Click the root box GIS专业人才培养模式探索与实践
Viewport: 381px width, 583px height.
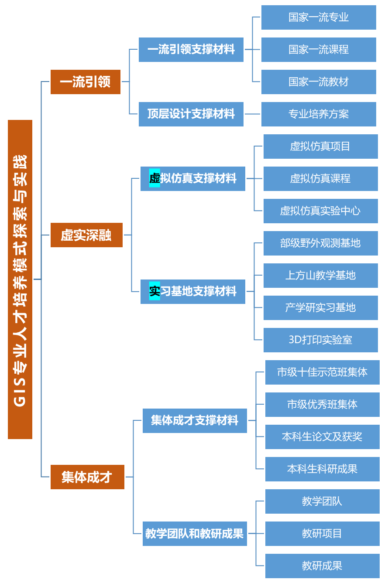(20, 279)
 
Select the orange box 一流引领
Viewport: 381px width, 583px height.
(85, 82)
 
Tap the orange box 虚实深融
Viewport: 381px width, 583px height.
(86, 235)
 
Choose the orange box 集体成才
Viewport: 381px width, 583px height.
(87, 477)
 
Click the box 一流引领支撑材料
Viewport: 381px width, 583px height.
(191, 50)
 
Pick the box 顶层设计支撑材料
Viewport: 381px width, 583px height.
(191, 114)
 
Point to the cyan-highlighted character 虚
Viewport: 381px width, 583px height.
(154, 178)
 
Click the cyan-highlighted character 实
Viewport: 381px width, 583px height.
(154, 291)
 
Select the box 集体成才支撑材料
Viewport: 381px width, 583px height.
(195, 421)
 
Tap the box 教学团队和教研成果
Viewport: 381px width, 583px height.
(195, 533)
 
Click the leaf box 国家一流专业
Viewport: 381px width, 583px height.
(319, 17)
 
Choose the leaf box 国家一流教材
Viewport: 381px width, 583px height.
(319, 82)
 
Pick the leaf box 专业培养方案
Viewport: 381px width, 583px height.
(319, 114)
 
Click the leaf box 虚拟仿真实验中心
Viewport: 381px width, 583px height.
(320, 211)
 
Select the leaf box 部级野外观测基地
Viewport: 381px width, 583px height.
(320, 243)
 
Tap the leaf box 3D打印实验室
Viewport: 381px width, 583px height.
(320, 340)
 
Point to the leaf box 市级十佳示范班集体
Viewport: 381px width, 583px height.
(322, 372)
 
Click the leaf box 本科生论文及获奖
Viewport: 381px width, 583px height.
(322, 437)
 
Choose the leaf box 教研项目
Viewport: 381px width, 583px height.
(322, 534)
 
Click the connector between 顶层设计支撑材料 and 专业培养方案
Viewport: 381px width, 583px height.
(252, 114)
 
